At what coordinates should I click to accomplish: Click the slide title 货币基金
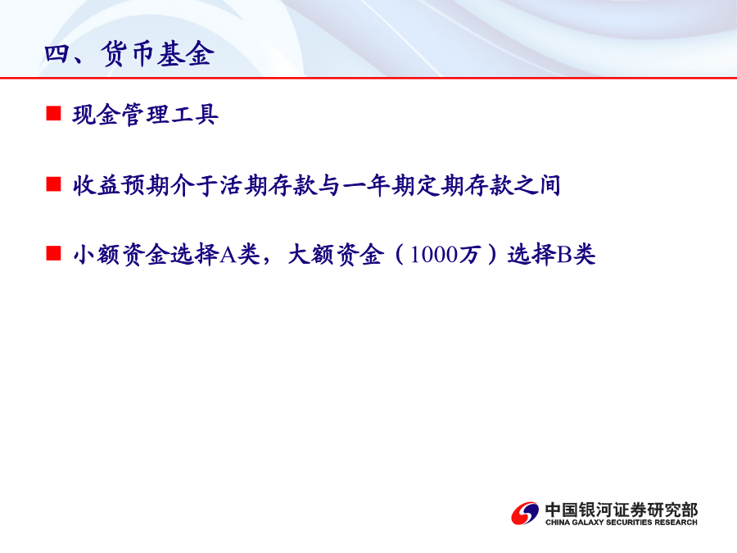click(157, 53)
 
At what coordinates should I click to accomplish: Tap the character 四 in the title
click(57, 54)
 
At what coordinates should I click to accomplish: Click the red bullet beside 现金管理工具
click(53, 114)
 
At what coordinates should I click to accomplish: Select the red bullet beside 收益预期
click(53, 184)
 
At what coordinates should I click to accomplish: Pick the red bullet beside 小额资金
click(53, 253)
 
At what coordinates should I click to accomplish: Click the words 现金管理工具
click(145, 115)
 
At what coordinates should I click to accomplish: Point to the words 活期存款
click(269, 185)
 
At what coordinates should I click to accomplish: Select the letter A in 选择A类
click(228, 255)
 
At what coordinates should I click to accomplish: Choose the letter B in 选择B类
click(564, 255)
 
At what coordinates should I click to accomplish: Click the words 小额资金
click(121, 255)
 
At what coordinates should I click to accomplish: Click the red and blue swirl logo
click(525, 513)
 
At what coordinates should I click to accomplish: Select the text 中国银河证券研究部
click(622, 510)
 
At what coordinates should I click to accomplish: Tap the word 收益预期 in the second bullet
click(121, 185)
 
